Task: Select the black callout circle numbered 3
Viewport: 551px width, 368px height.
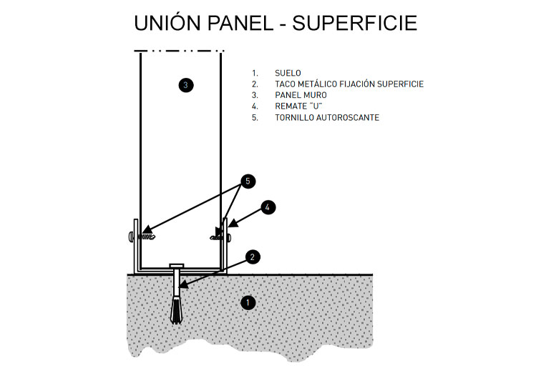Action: tap(185, 85)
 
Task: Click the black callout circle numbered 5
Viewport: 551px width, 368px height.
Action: tap(247, 181)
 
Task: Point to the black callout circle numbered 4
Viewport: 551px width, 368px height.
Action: tap(267, 207)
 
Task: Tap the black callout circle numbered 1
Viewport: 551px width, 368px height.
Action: tap(248, 302)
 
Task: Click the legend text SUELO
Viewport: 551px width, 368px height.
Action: tap(288, 73)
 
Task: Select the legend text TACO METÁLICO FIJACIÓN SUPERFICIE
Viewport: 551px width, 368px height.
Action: tap(349, 84)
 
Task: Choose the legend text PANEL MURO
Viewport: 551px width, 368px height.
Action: tap(301, 95)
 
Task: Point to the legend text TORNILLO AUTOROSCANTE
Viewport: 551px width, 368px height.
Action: tap(327, 117)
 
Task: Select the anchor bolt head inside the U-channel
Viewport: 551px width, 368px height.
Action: tap(177, 266)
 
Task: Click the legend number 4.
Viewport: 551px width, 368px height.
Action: tap(254, 106)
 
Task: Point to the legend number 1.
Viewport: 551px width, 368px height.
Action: tap(254, 73)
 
